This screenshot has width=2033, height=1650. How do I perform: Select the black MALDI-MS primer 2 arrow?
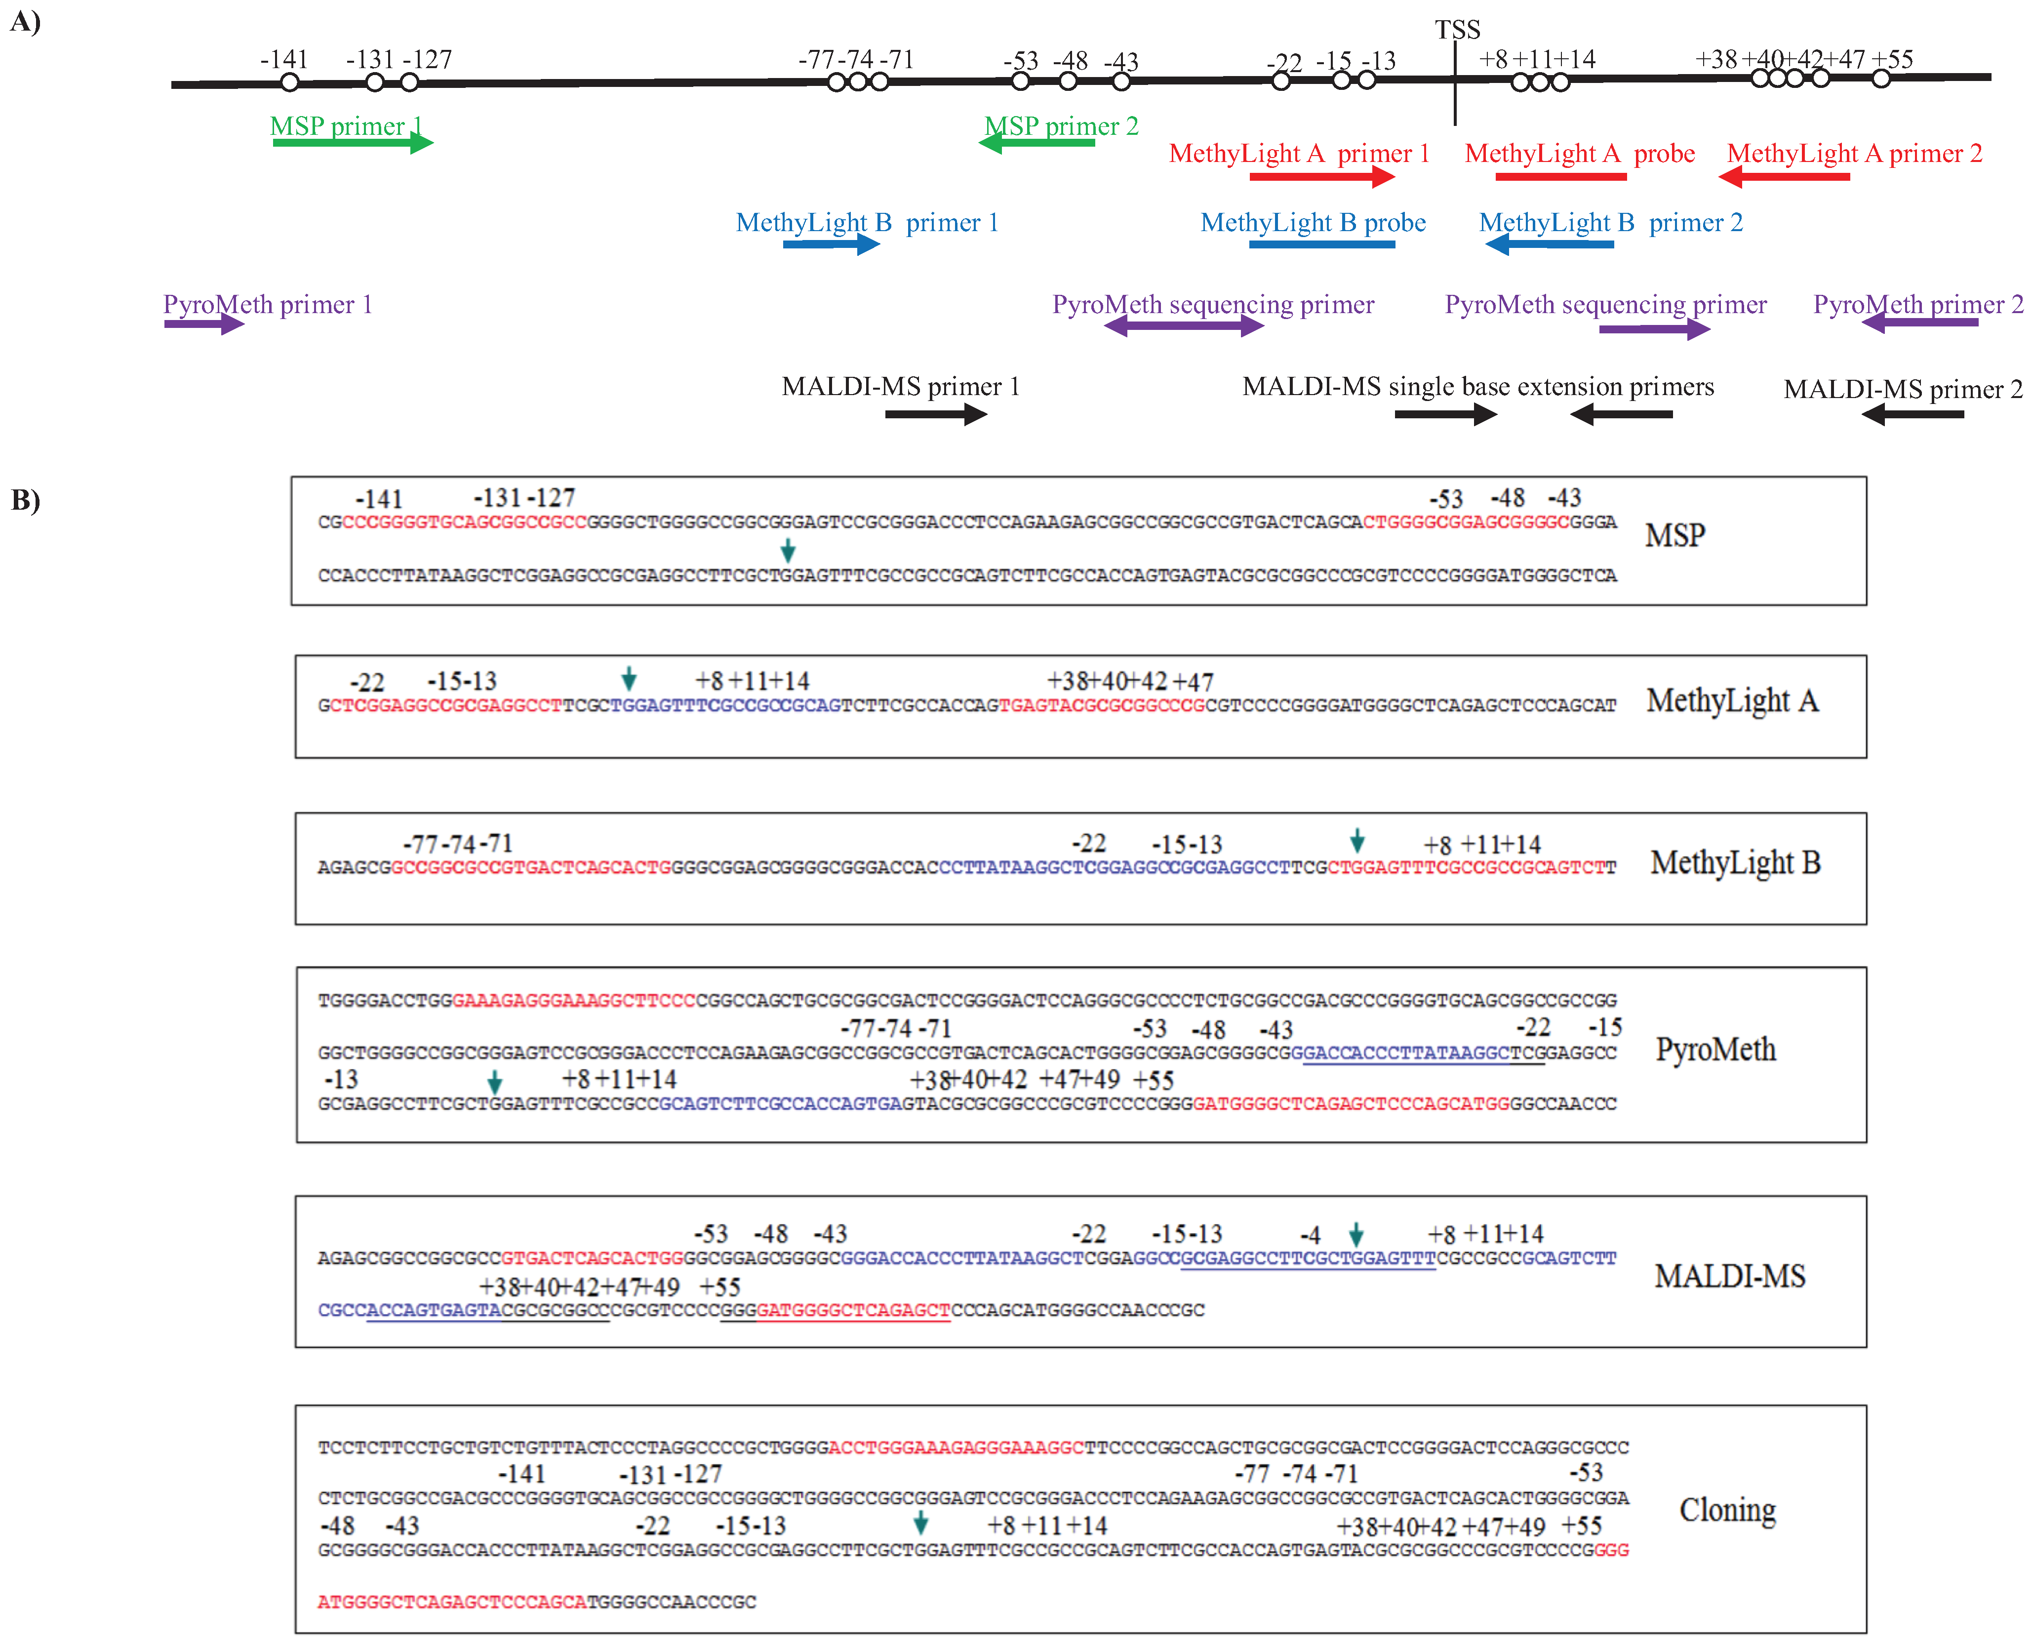(x=1913, y=414)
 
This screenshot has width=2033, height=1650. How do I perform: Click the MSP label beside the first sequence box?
(x=1674, y=536)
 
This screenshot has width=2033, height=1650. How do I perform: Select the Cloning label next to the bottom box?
(x=1727, y=1510)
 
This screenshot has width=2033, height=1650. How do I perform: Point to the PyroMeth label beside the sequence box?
(x=1715, y=1049)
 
